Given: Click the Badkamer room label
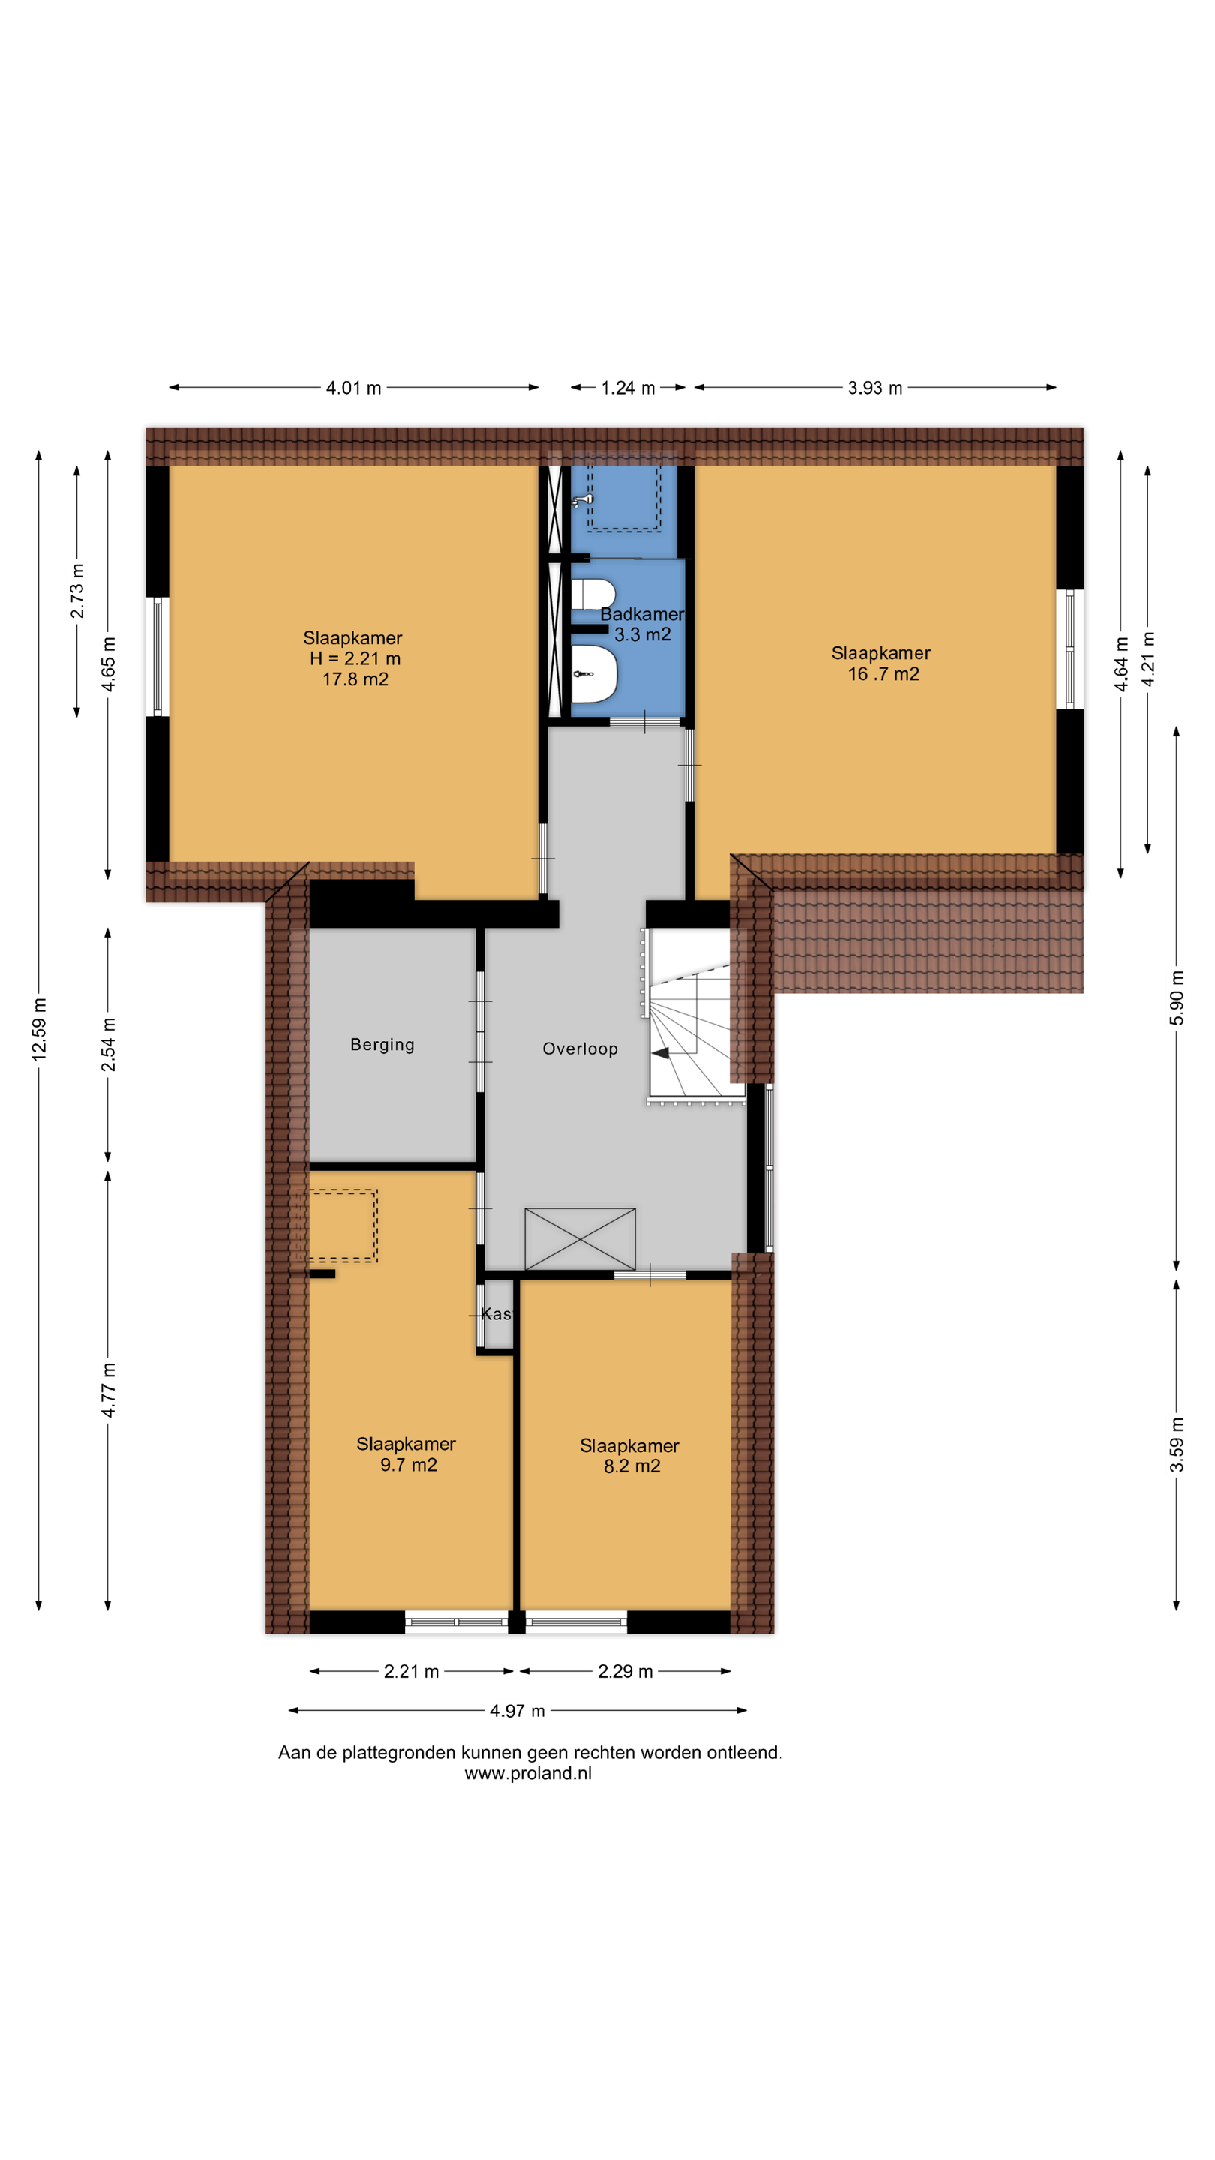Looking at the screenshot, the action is (641, 615).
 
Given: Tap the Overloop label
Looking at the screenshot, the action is (580, 1049).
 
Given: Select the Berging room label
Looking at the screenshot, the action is (382, 1045).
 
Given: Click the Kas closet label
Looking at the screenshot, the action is (496, 1314).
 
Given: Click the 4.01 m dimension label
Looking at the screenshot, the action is (353, 388).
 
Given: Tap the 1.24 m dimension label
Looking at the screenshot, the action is (628, 388).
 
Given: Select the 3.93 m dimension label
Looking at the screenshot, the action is (874, 388).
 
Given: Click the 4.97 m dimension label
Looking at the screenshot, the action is (517, 1711).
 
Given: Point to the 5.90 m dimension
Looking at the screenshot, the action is (1177, 997).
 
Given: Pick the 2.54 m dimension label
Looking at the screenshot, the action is (108, 1044).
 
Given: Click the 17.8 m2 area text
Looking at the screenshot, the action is (355, 680).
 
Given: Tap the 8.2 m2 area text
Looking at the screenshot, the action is (632, 1465).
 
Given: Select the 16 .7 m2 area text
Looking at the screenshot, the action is (883, 674).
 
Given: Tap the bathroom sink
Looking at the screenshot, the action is (594, 673).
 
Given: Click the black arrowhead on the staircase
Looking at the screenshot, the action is (660, 1052).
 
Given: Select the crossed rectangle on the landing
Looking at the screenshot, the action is (580, 1239).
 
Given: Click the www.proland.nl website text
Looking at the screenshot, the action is (528, 1774).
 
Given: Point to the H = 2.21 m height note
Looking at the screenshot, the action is (355, 659).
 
